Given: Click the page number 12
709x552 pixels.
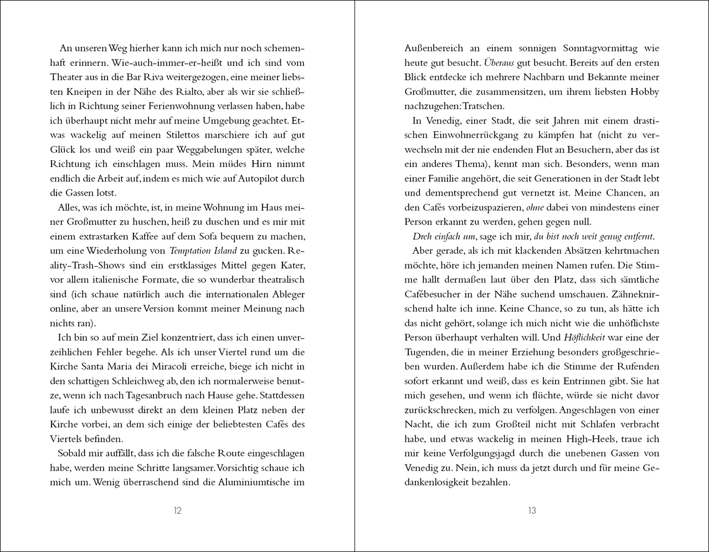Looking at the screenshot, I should (177, 510).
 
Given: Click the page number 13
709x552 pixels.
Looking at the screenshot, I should (532, 510).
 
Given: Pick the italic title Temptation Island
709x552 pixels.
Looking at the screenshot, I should (203, 251).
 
